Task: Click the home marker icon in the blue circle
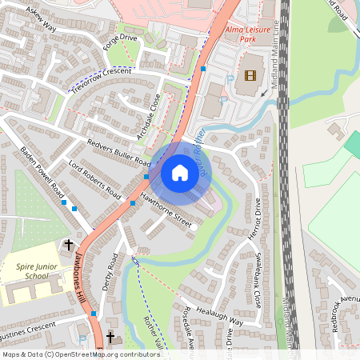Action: point(180,173)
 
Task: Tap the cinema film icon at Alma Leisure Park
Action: point(252,76)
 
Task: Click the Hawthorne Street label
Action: point(165,206)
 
